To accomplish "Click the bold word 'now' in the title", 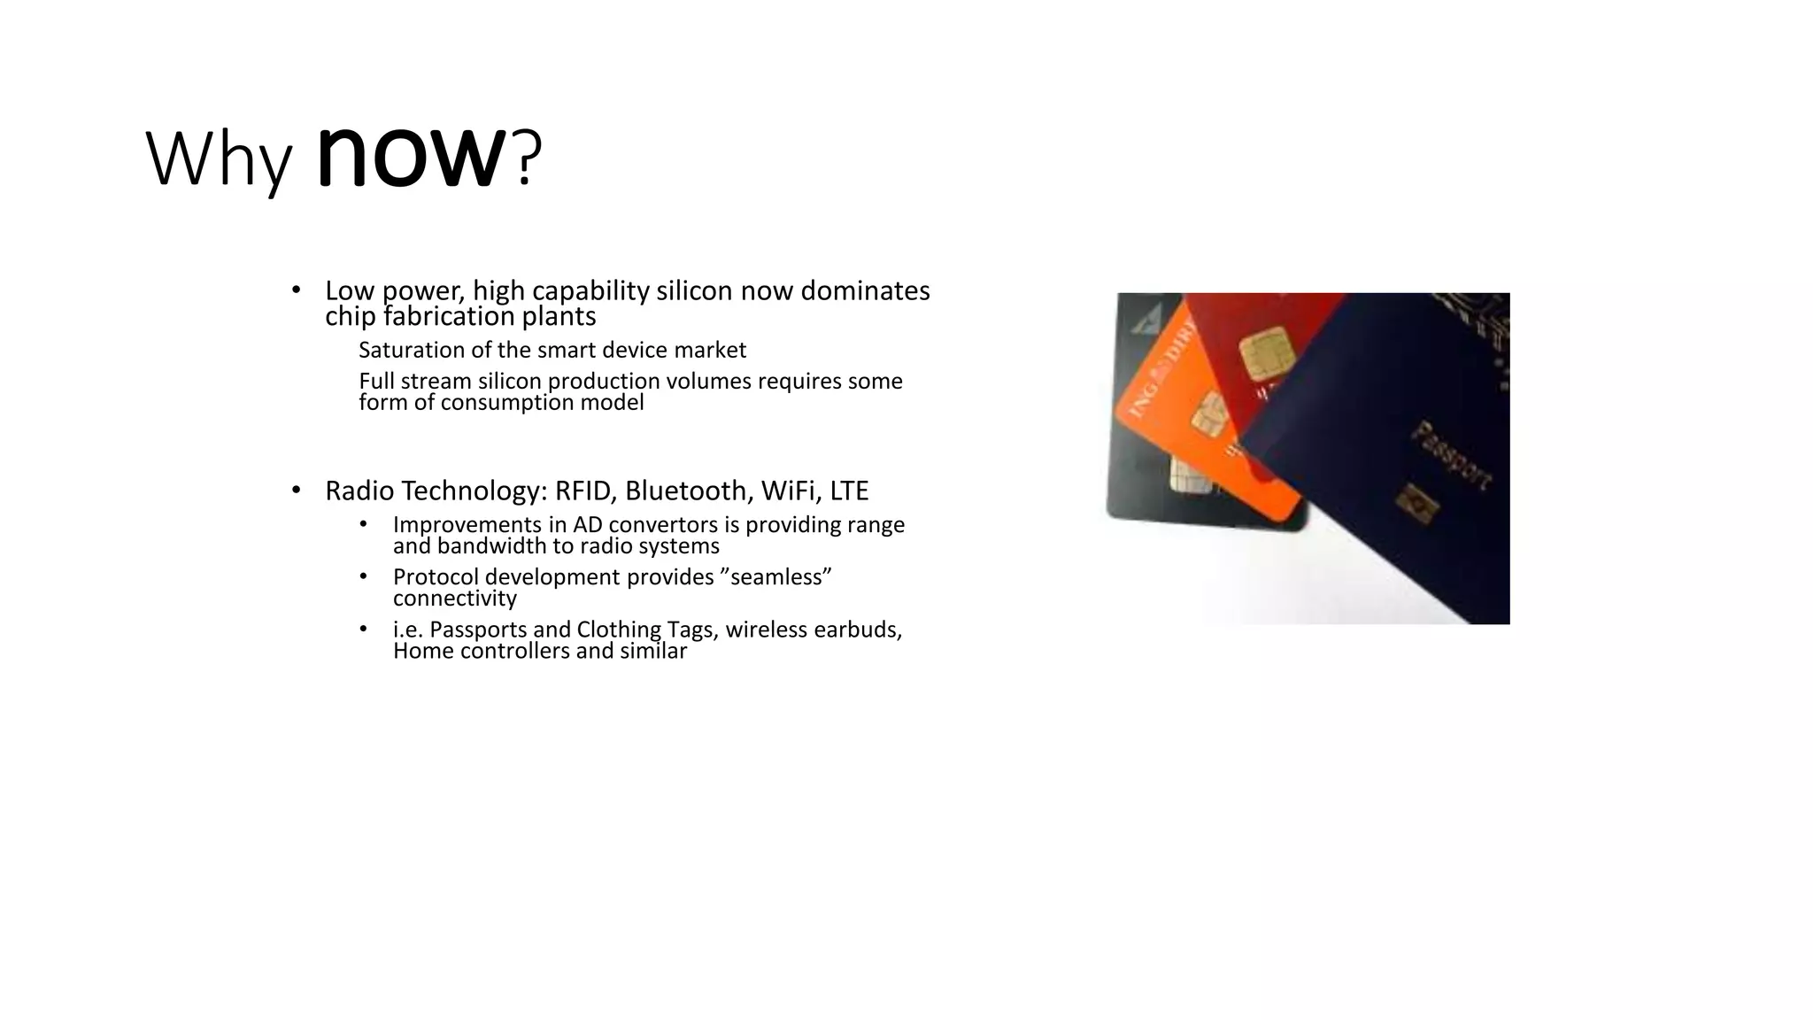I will pos(411,158).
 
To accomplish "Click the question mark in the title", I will pos(526,159).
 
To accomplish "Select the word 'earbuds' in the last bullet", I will pos(863,630).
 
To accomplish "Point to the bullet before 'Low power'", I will pos(297,290).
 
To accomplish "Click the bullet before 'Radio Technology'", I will pos(297,491).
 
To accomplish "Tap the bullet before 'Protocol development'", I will pos(363,577).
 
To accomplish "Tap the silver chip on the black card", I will pos(1184,475).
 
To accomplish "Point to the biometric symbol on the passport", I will pos(1416,502).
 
